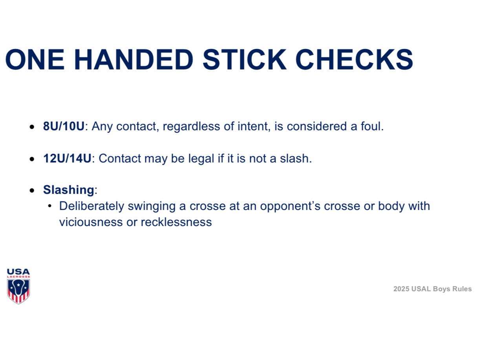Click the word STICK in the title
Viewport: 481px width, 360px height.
point(244,59)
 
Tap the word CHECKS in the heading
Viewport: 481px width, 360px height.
point(354,59)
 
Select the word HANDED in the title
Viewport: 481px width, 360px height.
point(134,59)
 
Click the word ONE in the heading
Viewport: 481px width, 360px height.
point(35,59)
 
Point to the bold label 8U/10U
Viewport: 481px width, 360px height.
point(64,126)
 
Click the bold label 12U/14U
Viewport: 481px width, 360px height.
point(67,158)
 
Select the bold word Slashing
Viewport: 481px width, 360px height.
point(69,190)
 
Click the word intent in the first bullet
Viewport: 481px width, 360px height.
point(253,126)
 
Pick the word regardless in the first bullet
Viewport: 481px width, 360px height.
point(191,127)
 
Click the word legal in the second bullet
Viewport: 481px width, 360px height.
point(201,159)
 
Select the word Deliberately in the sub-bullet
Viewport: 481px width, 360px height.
point(91,206)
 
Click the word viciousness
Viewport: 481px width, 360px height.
point(91,222)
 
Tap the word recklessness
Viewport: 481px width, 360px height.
point(176,222)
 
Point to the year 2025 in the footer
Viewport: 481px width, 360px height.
point(401,289)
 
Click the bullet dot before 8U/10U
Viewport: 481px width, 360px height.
point(32,127)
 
